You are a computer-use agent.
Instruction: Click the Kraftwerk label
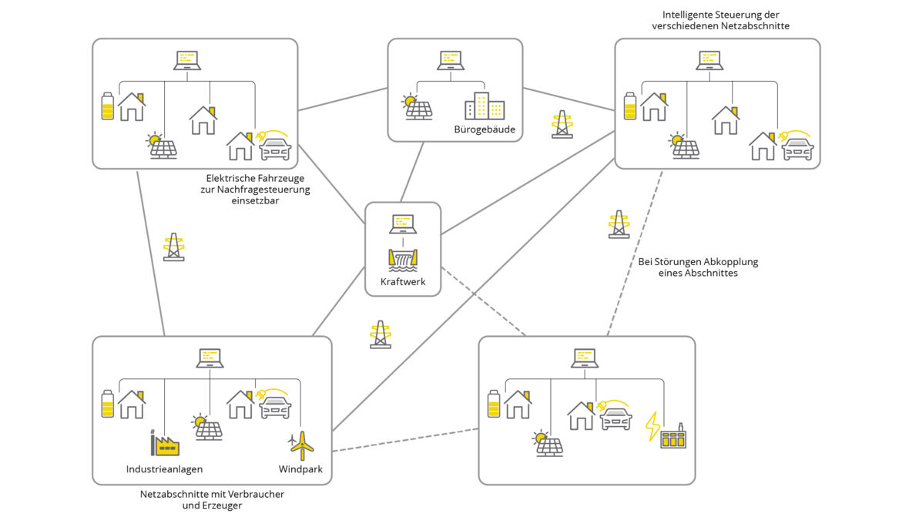pos(403,281)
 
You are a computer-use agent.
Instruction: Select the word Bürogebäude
pos(485,129)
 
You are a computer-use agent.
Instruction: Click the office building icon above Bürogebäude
pos(485,106)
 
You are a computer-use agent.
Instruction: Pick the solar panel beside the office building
pos(417,107)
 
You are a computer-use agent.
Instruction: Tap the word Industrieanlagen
pos(164,469)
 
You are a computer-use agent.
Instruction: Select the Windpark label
pos(300,469)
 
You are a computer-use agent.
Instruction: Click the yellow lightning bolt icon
pos(652,426)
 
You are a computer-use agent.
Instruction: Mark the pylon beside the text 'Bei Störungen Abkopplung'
pos(619,224)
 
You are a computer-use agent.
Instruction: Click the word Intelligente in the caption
pos(688,15)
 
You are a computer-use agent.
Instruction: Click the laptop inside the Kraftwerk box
pos(403,223)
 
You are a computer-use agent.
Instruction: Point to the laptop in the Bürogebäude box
pos(451,60)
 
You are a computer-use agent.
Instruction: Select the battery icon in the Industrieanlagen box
pos(108,404)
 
